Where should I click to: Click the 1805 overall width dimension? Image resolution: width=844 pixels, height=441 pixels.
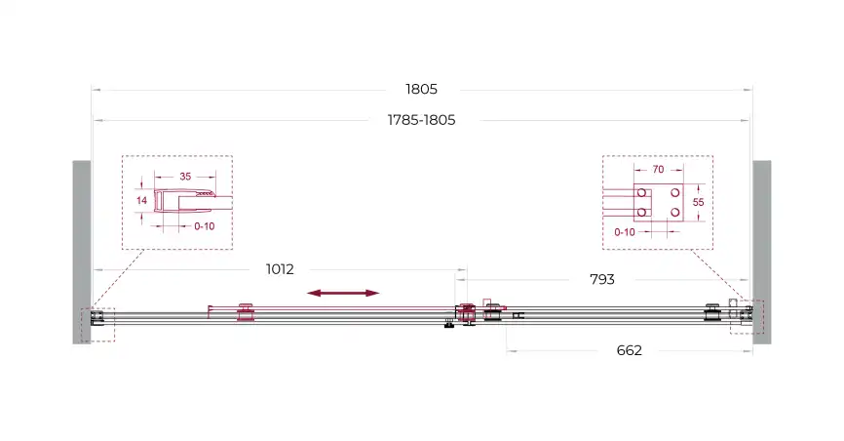421,89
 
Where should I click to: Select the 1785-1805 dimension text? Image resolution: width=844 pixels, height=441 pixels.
421,120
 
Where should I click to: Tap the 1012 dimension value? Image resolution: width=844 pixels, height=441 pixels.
280,269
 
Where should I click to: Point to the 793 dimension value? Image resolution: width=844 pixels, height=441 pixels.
601,279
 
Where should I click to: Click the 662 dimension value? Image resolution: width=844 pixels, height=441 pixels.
630,350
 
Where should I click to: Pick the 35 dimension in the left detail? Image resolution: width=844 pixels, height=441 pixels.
185,177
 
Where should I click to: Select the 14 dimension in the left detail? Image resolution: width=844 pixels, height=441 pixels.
141,201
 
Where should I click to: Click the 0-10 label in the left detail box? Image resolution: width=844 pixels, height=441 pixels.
205,226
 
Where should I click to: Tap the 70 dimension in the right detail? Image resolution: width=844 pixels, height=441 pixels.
658,170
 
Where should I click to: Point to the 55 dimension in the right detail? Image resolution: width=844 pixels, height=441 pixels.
698,202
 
